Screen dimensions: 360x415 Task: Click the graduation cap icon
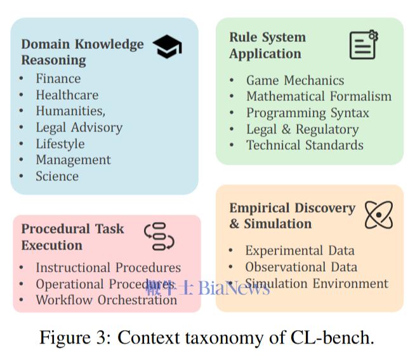click(x=168, y=47)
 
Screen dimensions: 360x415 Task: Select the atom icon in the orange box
click(x=379, y=215)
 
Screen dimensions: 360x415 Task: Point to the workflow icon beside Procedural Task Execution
click(x=159, y=236)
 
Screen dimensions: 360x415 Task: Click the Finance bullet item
click(x=58, y=79)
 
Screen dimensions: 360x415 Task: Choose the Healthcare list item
click(x=67, y=95)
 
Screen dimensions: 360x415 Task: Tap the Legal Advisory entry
click(x=79, y=128)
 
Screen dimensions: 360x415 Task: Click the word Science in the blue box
click(x=57, y=177)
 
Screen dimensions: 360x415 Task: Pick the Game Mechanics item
click(x=295, y=81)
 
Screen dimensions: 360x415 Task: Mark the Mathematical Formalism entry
click(x=319, y=97)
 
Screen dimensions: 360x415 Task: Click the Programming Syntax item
click(x=307, y=113)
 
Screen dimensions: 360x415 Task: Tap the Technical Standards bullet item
click(x=305, y=145)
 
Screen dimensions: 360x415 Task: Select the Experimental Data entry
click(x=300, y=251)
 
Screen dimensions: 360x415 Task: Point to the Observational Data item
click(x=301, y=267)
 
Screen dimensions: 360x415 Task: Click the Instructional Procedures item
click(x=108, y=268)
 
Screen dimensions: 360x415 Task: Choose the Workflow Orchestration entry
click(x=106, y=300)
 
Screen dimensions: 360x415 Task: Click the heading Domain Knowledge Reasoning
click(x=82, y=52)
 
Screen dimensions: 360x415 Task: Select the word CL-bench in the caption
click(x=339, y=337)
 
